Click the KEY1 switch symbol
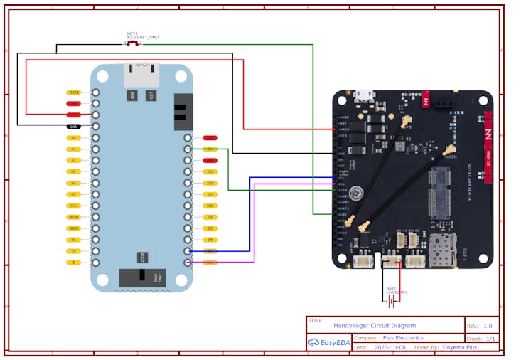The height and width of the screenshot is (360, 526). [x=133, y=43]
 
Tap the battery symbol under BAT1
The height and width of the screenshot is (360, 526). [x=391, y=301]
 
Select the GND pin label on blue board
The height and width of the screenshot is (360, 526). [x=73, y=126]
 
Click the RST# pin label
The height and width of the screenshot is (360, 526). [x=73, y=92]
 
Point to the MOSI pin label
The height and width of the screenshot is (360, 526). [x=73, y=217]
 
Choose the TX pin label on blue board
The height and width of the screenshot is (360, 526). [x=73, y=251]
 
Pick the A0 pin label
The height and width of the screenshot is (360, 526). [x=73, y=137]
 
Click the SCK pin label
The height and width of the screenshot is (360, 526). [x=73, y=206]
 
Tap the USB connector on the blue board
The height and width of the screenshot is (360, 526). [x=141, y=74]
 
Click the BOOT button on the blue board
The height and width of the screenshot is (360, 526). [x=143, y=257]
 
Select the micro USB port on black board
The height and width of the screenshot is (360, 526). [x=366, y=95]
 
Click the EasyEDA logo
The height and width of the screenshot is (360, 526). [x=329, y=343]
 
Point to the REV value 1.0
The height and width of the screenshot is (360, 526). [x=488, y=326]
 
